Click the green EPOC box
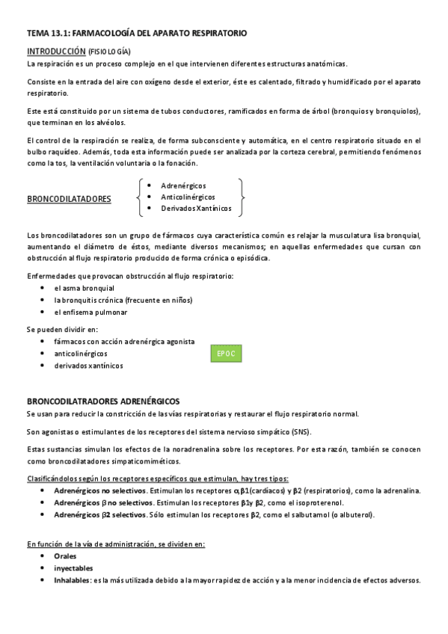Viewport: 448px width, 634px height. [227, 353]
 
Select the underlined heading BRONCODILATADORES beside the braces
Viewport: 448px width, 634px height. [69, 199]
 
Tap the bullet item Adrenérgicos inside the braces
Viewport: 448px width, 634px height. [183, 185]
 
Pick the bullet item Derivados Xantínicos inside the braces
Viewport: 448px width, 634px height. [196, 208]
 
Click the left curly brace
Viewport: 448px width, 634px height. [140, 197]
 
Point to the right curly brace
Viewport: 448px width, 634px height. [241, 197]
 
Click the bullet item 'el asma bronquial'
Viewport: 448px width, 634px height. [84, 288]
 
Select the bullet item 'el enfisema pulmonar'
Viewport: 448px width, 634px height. [90, 312]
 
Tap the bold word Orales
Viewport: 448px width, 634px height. [65, 556]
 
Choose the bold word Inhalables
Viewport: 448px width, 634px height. [72, 580]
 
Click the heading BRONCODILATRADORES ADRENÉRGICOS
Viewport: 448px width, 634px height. [103, 401]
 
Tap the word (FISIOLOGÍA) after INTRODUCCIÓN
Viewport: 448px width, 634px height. [109, 52]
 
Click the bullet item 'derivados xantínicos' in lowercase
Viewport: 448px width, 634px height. [88, 366]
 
